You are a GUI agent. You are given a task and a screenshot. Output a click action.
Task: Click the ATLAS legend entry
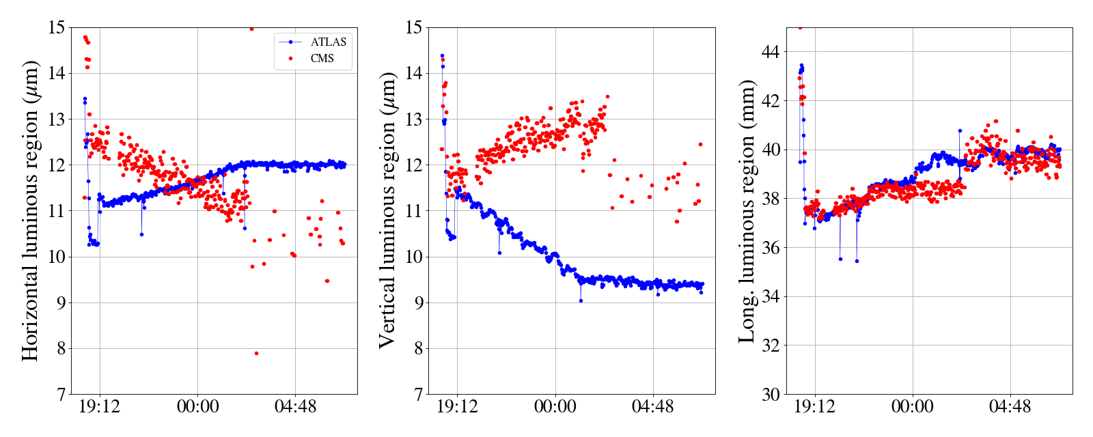(328, 42)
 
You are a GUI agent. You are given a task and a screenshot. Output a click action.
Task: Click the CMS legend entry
(322, 59)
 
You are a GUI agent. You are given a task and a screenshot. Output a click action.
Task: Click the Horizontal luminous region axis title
(31, 210)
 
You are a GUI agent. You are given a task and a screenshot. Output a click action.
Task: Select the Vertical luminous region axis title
(387, 210)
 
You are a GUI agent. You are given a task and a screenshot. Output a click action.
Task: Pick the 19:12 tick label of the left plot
(100, 408)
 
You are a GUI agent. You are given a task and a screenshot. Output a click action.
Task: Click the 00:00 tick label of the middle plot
(555, 408)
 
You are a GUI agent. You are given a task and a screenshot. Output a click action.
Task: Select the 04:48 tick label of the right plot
(1010, 408)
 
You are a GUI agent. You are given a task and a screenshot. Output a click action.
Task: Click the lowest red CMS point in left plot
(256, 353)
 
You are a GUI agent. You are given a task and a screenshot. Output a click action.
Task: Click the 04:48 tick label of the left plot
(295, 408)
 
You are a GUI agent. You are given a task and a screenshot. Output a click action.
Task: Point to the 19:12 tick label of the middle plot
(457, 408)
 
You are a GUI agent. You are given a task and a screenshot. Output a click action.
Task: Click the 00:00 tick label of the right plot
(912, 408)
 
